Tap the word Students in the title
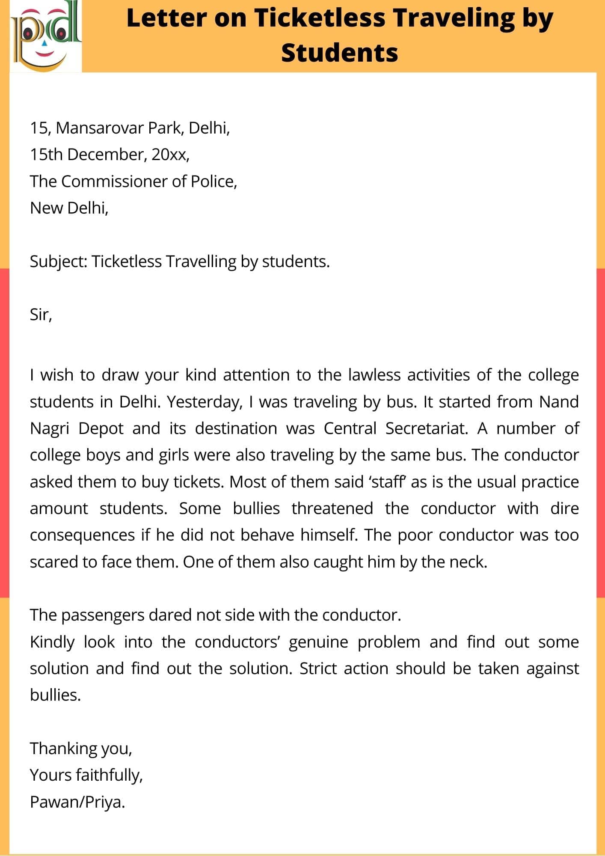coord(339,53)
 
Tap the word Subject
coord(59,262)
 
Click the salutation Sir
coord(41,315)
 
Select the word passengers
coord(103,615)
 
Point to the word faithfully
coord(109,775)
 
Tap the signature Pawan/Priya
coord(77,802)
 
